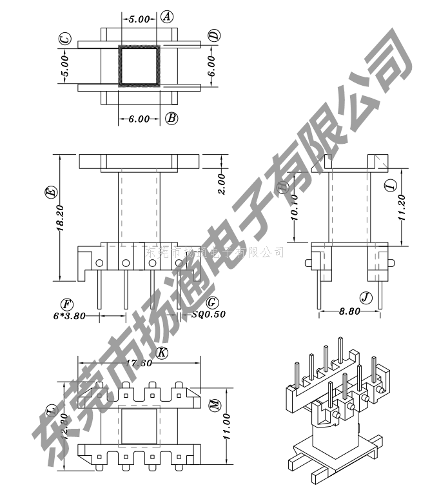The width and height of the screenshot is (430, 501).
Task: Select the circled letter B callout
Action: [x=171, y=118]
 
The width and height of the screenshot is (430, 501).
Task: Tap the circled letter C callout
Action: [x=64, y=40]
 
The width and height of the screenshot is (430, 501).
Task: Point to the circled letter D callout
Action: [x=215, y=35]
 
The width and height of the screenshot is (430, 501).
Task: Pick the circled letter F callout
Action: [x=65, y=304]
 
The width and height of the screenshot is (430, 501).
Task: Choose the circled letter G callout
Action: [x=212, y=302]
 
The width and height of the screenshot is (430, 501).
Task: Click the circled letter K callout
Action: [x=162, y=353]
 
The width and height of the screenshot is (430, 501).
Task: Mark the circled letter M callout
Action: [x=215, y=404]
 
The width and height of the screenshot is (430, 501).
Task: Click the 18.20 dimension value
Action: [x=60, y=218]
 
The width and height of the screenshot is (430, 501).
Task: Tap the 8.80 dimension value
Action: [x=349, y=311]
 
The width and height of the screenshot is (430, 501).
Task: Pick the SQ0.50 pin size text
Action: [x=209, y=315]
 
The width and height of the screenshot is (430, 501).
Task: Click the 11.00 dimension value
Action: [x=226, y=445]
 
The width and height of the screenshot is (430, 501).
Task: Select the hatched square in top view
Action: [x=139, y=65]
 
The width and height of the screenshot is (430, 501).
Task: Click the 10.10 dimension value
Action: [x=294, y=208]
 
